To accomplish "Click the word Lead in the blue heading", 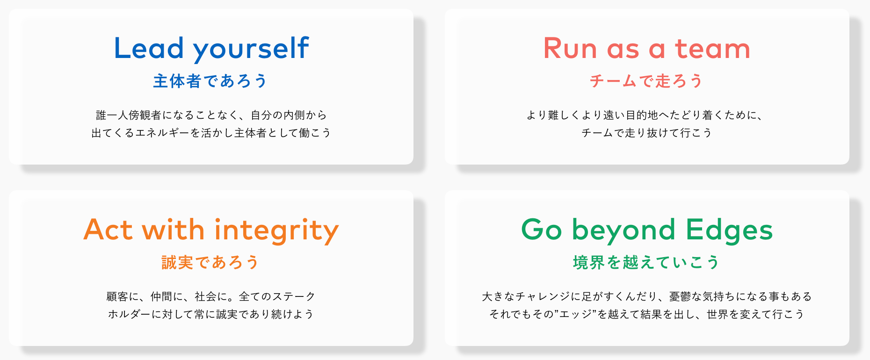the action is point(149,48).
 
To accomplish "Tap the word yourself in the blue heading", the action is point(251,49).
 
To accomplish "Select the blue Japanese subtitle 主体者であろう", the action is point(210,81).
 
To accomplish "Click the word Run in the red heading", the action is point(570,49).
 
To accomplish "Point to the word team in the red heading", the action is point(712,49).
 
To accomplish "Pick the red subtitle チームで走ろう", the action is point(646,81).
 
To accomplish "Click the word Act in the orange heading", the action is point(108,230).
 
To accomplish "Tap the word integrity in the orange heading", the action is point(276,230).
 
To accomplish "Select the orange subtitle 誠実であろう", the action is point(210,262).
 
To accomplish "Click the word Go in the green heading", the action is point(542,230).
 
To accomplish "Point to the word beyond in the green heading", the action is point(623,230).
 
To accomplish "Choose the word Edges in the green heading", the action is point(729,230).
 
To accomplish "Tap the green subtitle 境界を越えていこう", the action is point(646,262).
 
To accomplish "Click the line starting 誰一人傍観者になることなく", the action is point(211,115).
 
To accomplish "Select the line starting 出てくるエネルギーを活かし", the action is point(211,133).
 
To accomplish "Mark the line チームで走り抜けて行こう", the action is point(647,133).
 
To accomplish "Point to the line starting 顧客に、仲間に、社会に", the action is point(211,296).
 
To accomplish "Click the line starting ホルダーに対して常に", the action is point(211,314).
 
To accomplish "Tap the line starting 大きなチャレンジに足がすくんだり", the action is point(647,296).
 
